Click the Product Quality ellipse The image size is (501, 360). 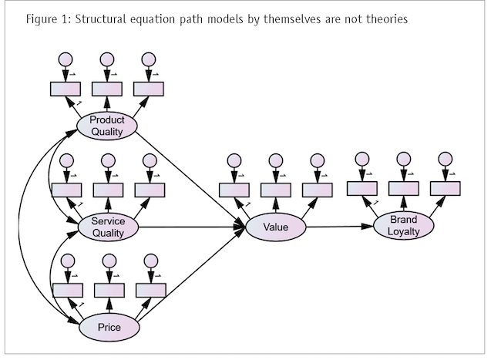tap(107, 125)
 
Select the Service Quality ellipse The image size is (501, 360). tap(108, 227)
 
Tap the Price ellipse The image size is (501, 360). tap(108, 327)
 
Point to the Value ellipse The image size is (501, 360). tap(275, 227)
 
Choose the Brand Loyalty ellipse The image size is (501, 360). tap(402, 225)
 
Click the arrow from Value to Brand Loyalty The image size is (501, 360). tap(340, 227)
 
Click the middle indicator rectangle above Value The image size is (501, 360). tap(275, 189)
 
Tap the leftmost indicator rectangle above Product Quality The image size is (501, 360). tap(66, 87)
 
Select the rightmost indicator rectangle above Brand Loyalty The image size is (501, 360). tap(445, 187)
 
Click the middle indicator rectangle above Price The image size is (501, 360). tap(109, 289)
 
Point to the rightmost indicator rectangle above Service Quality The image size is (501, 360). tap(150, 189)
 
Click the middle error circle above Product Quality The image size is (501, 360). tap(107, 59)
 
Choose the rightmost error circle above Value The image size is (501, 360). tap(316, 160)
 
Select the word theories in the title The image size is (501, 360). tap(383, 19)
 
